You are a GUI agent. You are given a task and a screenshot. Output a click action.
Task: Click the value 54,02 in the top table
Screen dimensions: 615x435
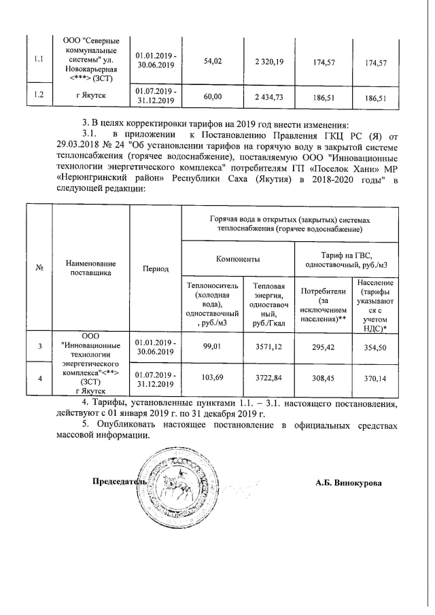[213, 62]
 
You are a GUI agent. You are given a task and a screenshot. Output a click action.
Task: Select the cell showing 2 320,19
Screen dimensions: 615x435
[269, 62]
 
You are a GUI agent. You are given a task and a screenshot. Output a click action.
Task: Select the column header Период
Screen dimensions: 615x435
[155, 269]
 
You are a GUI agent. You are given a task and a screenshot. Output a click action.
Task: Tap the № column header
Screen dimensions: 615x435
[39, 268]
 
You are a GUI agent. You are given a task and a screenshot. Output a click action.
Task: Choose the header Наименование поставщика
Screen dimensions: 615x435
[91, 268]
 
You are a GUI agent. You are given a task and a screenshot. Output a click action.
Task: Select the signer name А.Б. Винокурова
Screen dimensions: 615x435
[348, 483]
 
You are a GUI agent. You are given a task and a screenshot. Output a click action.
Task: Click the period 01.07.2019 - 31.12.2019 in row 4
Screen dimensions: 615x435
[156, 379]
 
